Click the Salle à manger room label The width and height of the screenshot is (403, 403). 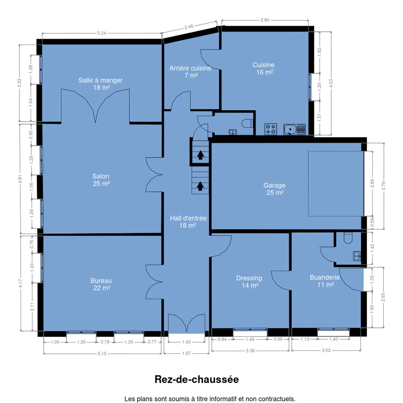(100, 84)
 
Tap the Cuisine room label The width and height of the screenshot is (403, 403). (264, 68)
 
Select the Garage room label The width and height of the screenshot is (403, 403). (274, 189)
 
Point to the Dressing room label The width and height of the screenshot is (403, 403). (249, 282)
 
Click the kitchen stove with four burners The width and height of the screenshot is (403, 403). (271, 129)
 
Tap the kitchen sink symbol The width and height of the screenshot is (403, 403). (294, 129)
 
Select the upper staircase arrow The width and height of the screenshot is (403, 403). (201, 155)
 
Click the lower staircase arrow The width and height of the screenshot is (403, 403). (200, 186)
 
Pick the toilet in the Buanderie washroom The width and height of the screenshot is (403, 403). (348, 238)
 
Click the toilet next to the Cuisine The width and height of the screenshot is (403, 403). (247, 123)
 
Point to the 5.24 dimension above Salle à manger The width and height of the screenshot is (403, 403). (102, 33)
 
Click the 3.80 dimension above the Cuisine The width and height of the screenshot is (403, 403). (265, 20)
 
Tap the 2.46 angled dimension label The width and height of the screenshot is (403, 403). (189, 27)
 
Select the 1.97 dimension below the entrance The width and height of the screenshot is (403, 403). (186, 353)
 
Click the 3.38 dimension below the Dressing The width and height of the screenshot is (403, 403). (250, 350)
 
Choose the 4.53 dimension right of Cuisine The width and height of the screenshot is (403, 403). (331, 83)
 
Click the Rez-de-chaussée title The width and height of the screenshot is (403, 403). (196, 379)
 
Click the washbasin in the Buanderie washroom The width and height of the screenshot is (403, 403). (357, 256)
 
